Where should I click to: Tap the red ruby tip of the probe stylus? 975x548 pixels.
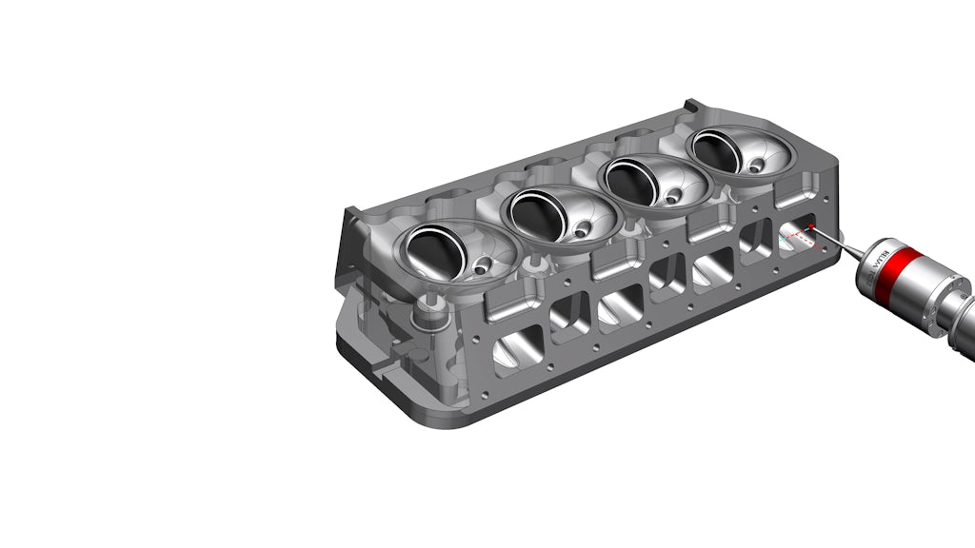click(810, 226)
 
